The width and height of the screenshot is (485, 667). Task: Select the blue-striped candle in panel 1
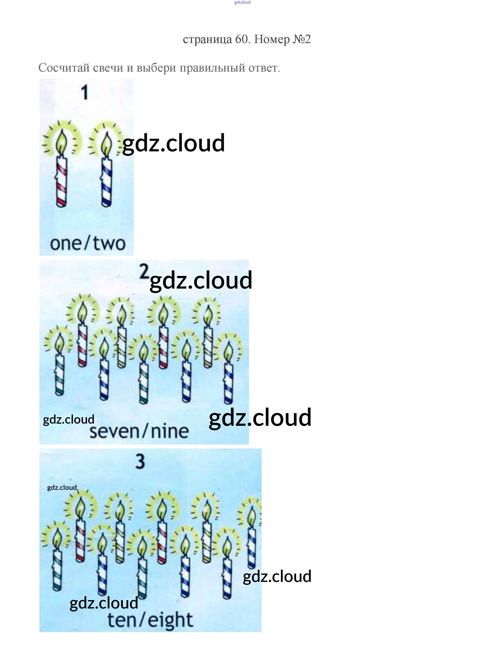point(107,182)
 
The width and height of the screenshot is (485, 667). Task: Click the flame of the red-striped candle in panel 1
point(62,143)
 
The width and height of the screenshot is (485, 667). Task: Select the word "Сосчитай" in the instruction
point(64,68)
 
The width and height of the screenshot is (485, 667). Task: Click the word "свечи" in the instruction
point(108,68)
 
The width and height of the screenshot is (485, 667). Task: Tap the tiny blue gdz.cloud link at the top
point(242,2)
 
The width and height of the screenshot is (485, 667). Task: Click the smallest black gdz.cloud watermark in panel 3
point(62,488)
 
